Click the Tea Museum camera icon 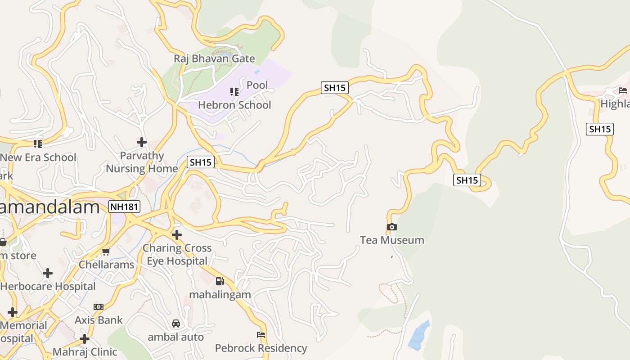[392, 227]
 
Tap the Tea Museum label [392, 240]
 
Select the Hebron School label [234, 105]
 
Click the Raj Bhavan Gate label [214, 58]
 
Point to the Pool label [257, 85]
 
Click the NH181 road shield [124, 207]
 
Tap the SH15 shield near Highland [600, 129]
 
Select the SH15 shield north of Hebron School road [335, 88]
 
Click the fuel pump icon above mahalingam [220, 281]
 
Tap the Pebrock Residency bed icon [261, 335]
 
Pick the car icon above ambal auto [176, 324]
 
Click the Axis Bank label [99, 320]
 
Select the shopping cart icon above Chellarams [106, 252]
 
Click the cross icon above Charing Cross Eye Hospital [177, 234]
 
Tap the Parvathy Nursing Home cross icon [142, 142]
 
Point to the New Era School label [38, 157]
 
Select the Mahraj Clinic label [85, 351]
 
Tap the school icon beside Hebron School [234, 92]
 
